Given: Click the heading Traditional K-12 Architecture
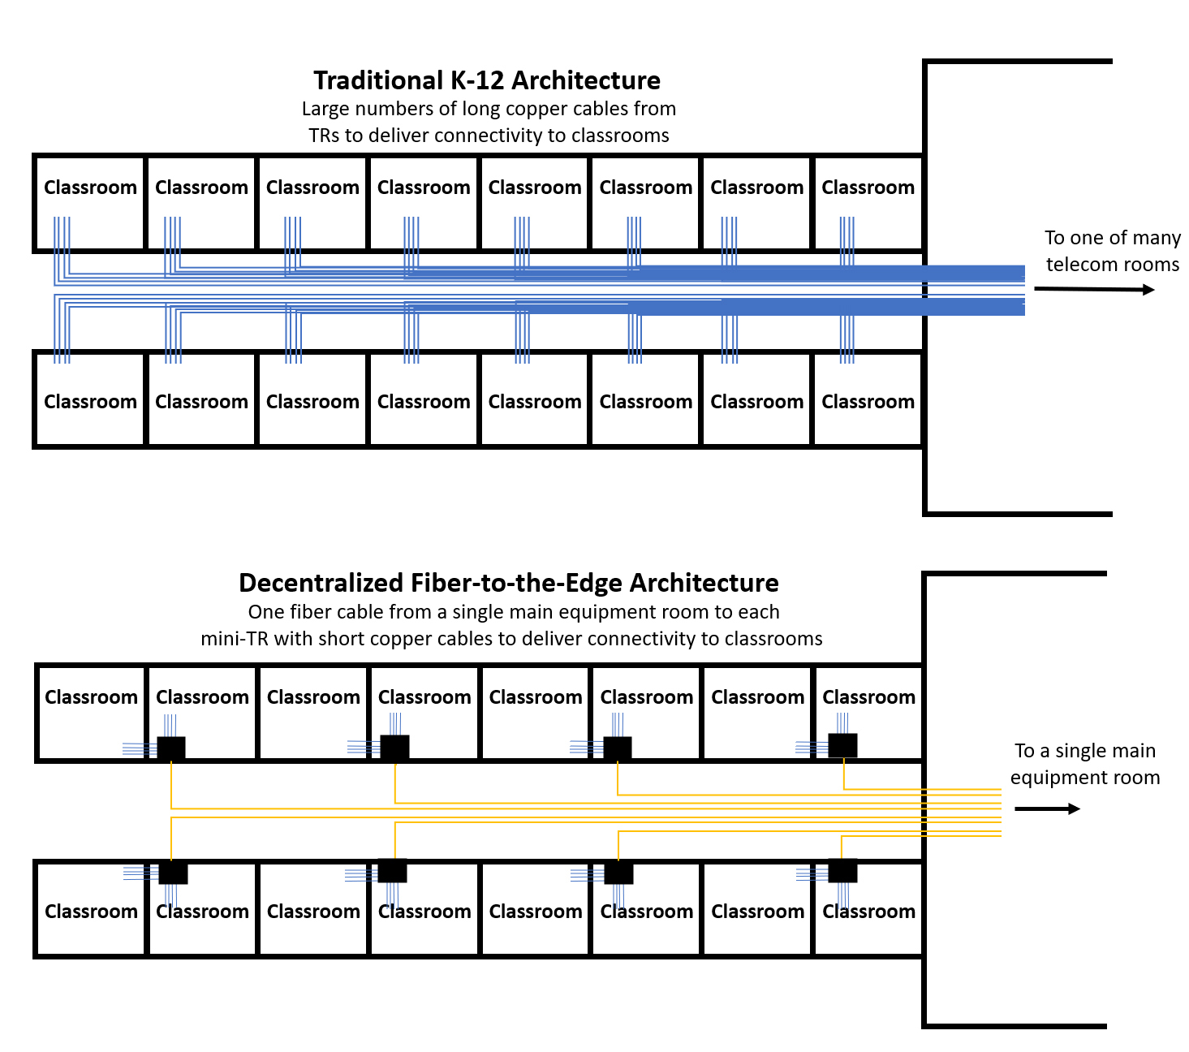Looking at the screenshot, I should (486, 80).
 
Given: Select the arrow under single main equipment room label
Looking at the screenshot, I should (1047, 808).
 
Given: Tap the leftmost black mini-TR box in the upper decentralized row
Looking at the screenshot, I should (171, 748).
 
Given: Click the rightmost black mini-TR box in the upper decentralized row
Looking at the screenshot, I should (842, 745).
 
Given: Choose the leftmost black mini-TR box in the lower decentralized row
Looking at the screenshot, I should (173, 873).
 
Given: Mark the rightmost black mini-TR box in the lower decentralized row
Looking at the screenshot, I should (842, 870).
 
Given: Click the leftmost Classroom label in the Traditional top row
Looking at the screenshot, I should (90, 188).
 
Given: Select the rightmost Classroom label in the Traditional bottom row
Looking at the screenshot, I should (868, 402).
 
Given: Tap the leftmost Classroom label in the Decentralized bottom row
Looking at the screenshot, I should (91, 912).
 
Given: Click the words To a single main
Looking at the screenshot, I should (1084, 751).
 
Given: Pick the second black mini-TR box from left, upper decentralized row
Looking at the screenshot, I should (394, 748).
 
